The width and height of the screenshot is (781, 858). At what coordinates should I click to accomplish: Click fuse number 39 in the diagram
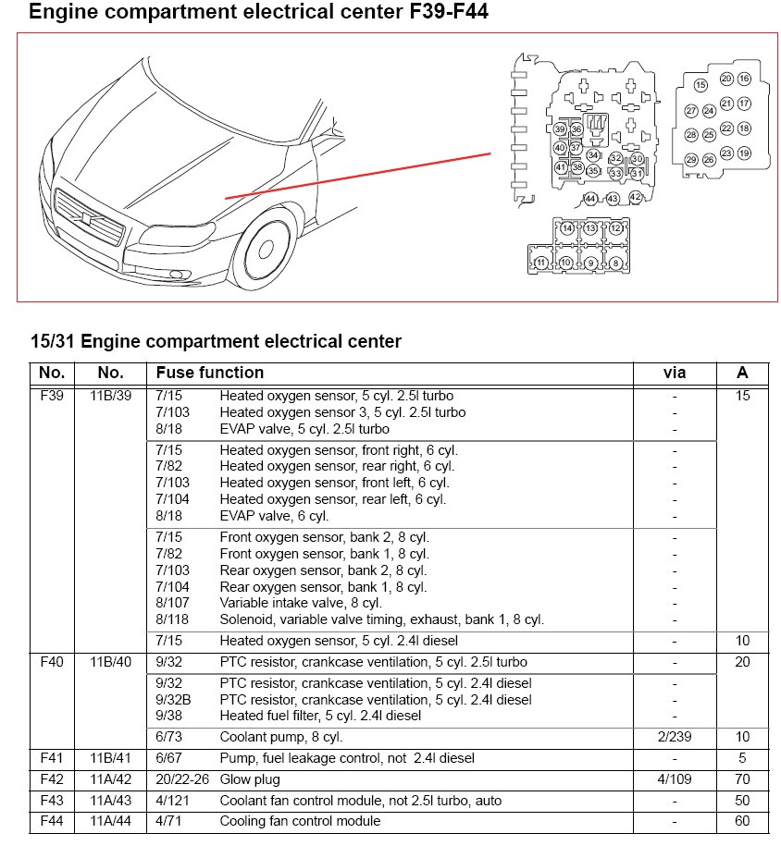[x=560, y=129]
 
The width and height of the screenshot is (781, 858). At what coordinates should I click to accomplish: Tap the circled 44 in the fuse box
[x=590, y=199]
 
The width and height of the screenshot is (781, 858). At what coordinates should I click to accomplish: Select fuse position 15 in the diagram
[x=700, y=85]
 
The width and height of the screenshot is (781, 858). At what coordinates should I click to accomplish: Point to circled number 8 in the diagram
[x=615, y=264]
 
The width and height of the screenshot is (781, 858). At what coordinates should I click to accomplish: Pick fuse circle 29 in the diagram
[x=691, y=160]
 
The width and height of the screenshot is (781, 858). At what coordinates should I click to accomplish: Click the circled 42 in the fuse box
[x=635, y=197]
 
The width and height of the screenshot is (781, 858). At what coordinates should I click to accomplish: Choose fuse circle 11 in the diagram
[x=541, y=264]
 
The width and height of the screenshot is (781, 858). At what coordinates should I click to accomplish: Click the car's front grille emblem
[x=85, y=218]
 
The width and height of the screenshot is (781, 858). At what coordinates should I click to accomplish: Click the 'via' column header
[x=675, y=373]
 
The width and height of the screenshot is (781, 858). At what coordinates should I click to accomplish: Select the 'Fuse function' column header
[x=210, y=373]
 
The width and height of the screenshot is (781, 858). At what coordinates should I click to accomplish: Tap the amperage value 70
[x=742, y=779]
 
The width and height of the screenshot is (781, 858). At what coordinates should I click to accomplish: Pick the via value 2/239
[x=675, y=737]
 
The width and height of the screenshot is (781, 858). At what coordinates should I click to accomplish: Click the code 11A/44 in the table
[x=110, y=821]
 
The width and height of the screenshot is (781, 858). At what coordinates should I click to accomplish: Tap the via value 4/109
[x=675, y=779]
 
